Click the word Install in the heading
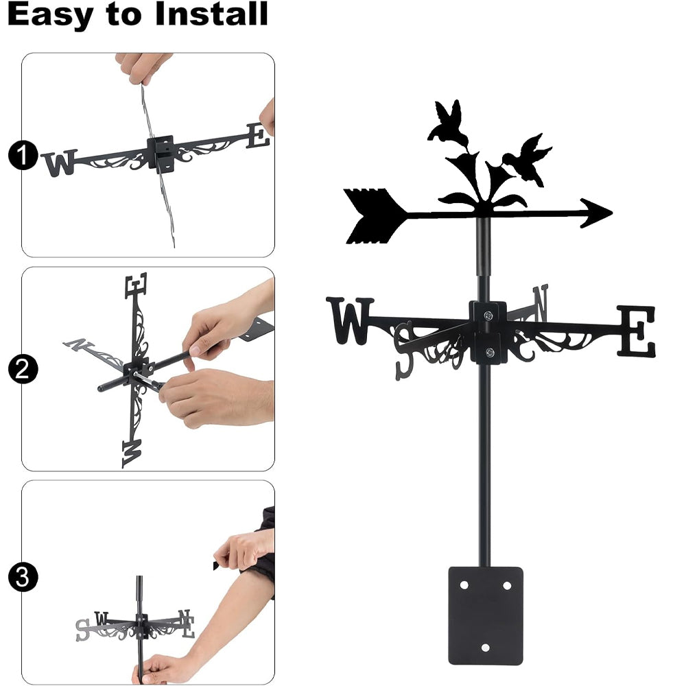(x=211, y=14)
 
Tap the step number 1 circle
(x=23, y=155)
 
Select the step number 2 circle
(x=23, y=369)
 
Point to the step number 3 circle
(x=23, y=577)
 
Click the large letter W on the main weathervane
(x=350, y=320)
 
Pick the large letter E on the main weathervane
(x=637, y=331)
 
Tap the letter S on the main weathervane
(x=404, y=350)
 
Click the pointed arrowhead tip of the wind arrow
(x=612, y=213)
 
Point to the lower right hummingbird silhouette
(x=527, y=160)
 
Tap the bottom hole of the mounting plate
(x=485, y=648)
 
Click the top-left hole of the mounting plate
(x=464, y=585)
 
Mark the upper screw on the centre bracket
(x=488, y=315)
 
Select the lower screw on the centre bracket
(x=490, y=352)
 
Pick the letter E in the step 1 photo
(x=258, y=136)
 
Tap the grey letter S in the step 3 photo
(x=82, y=630)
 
